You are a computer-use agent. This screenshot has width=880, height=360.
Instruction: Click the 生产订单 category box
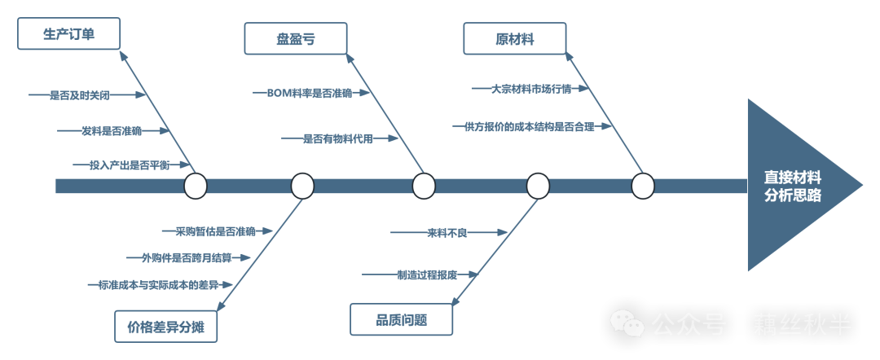click(68, 34)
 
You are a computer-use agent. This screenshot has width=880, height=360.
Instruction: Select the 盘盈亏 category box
click(295, 39)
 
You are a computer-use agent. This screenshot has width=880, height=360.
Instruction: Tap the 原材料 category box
click(514, 39)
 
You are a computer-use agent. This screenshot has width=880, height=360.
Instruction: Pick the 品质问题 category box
click(401, 319)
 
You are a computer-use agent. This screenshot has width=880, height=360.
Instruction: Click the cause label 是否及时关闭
click(80, 95)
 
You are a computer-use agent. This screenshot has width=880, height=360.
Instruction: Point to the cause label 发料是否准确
click(112, 130)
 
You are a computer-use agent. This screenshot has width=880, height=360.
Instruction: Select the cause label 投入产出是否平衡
click(130, 165)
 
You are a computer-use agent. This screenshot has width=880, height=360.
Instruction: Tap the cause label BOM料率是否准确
click(310, 93)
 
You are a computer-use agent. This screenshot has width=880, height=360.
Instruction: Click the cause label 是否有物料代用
click(338, 138)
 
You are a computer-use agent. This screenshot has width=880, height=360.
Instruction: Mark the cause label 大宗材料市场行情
click(531, 89)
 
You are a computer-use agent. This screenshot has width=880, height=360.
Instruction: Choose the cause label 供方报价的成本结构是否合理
click(529, 126)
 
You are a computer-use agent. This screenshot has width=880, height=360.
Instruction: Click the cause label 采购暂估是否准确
click(215, 231)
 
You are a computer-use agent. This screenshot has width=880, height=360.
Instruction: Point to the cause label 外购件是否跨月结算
click(187, 258)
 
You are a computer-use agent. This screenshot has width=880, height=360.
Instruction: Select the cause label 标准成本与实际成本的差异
click(159, 284)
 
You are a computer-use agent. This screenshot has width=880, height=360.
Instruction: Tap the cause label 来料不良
click(447, 233)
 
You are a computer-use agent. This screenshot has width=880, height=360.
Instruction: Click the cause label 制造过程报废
click(427, 274)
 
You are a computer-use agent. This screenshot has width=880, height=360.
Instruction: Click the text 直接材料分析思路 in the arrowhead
click(792, 186)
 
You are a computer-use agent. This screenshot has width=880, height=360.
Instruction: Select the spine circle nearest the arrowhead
click(643, 186)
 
